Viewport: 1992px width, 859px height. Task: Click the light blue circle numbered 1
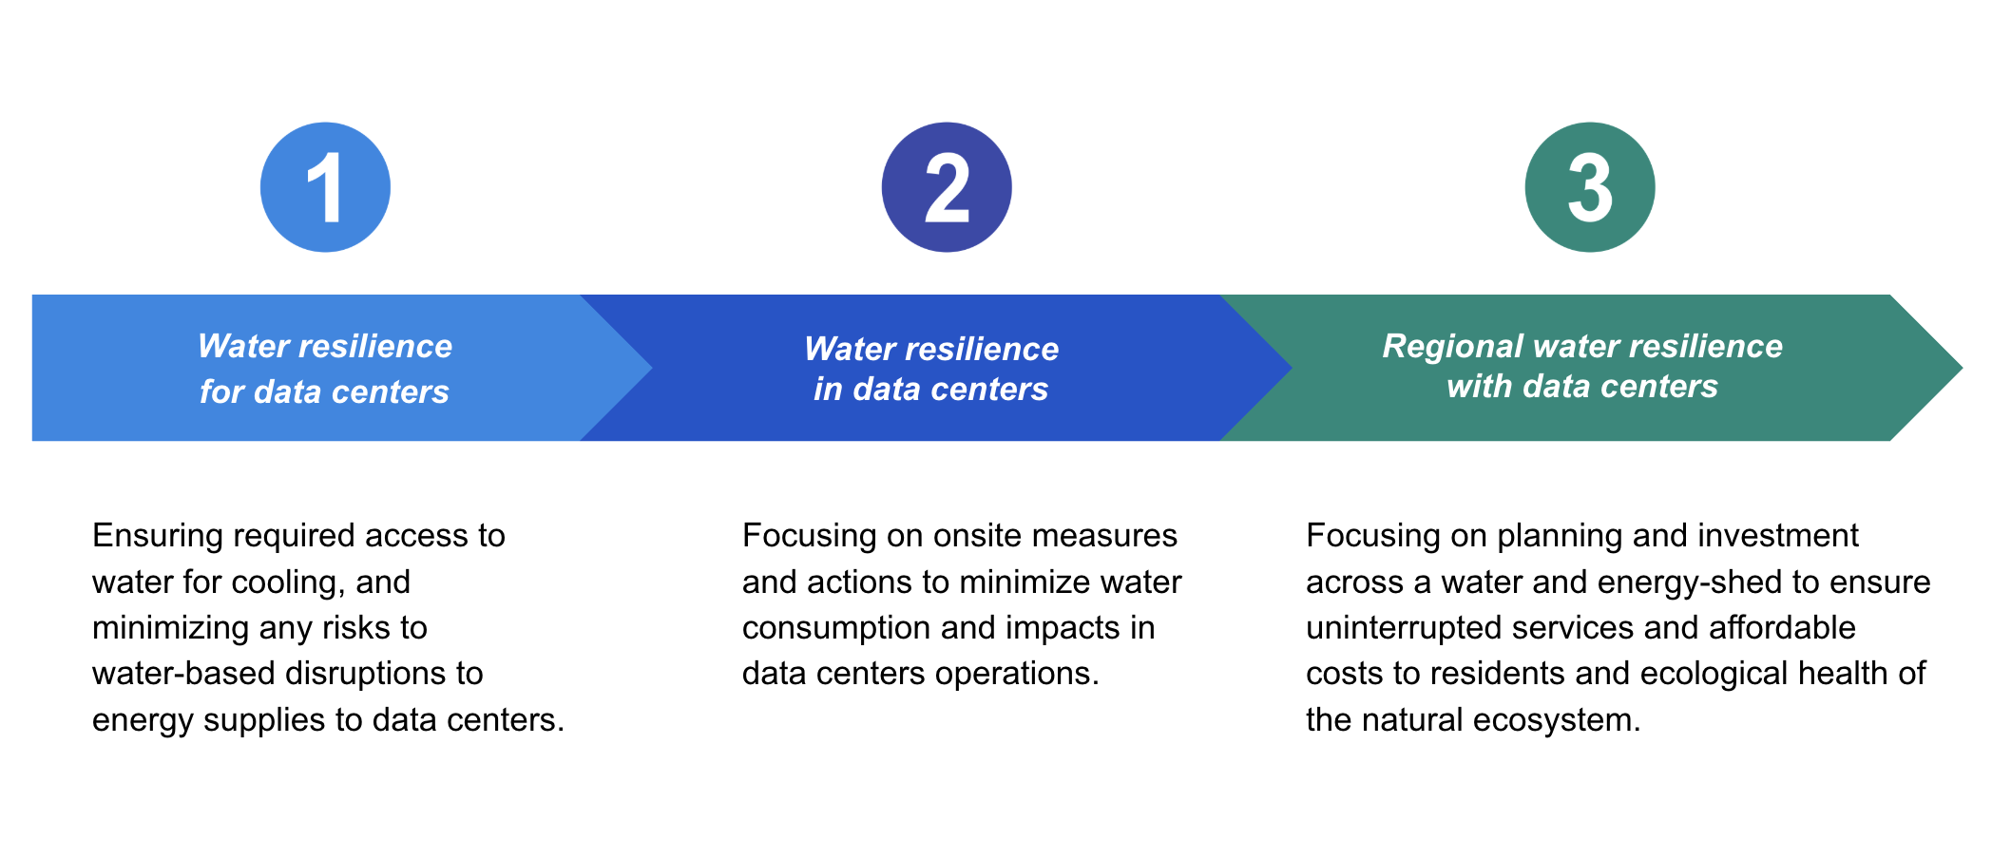pos(325,187)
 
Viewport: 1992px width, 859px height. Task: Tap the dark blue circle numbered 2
pos(947,187)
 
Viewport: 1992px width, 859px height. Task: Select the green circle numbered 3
pos(1590,187)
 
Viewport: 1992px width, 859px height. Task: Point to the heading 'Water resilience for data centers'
pos(325,369)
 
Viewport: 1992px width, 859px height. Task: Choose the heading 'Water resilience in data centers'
pos(931,369)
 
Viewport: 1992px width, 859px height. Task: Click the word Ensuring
pos(157,537)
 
